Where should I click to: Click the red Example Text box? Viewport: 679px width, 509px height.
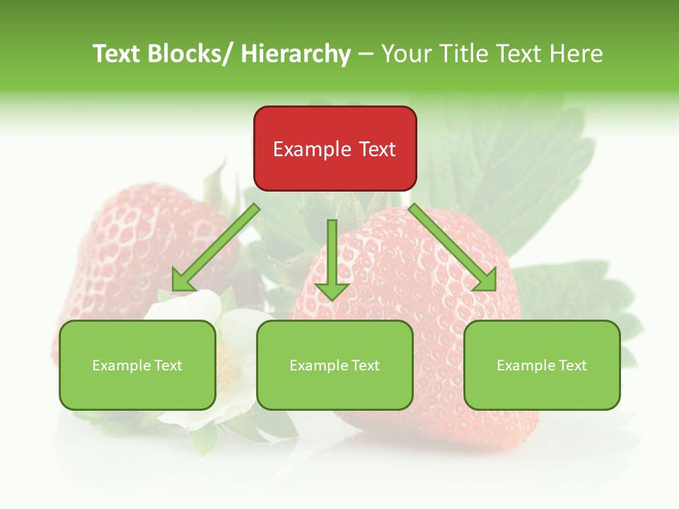(x=335, y=148)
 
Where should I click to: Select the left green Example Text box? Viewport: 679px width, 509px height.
(x=137, y=365)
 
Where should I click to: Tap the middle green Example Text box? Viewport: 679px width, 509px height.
(x=335, y=365)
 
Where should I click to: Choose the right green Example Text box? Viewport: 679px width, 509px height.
(x=542, y=365)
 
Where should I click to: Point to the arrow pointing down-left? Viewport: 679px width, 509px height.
(x=216, y=247)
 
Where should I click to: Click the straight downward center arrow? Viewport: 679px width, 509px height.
(x=332, y=259)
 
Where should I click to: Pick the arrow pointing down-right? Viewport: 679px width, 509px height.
(x=453, y=247)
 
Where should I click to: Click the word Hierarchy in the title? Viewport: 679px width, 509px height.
(x=296, y=54)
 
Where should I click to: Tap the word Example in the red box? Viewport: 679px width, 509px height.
(x=312, y=149)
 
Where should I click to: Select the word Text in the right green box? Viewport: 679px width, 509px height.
(x=572, y=365)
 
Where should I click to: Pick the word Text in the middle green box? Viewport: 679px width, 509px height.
(x=365, y=365)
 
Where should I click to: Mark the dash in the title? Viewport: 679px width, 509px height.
(x=366, y=54)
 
